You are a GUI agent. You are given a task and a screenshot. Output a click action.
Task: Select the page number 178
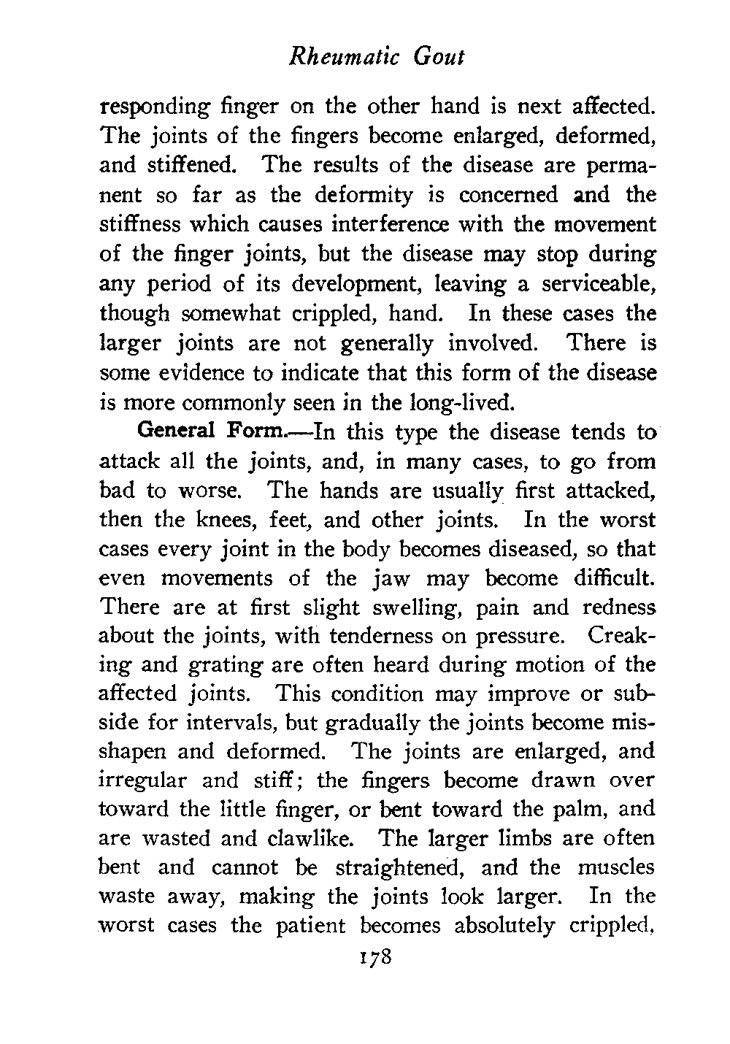coord(373,956)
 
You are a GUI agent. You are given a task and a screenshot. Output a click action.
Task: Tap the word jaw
coord(391,578)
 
